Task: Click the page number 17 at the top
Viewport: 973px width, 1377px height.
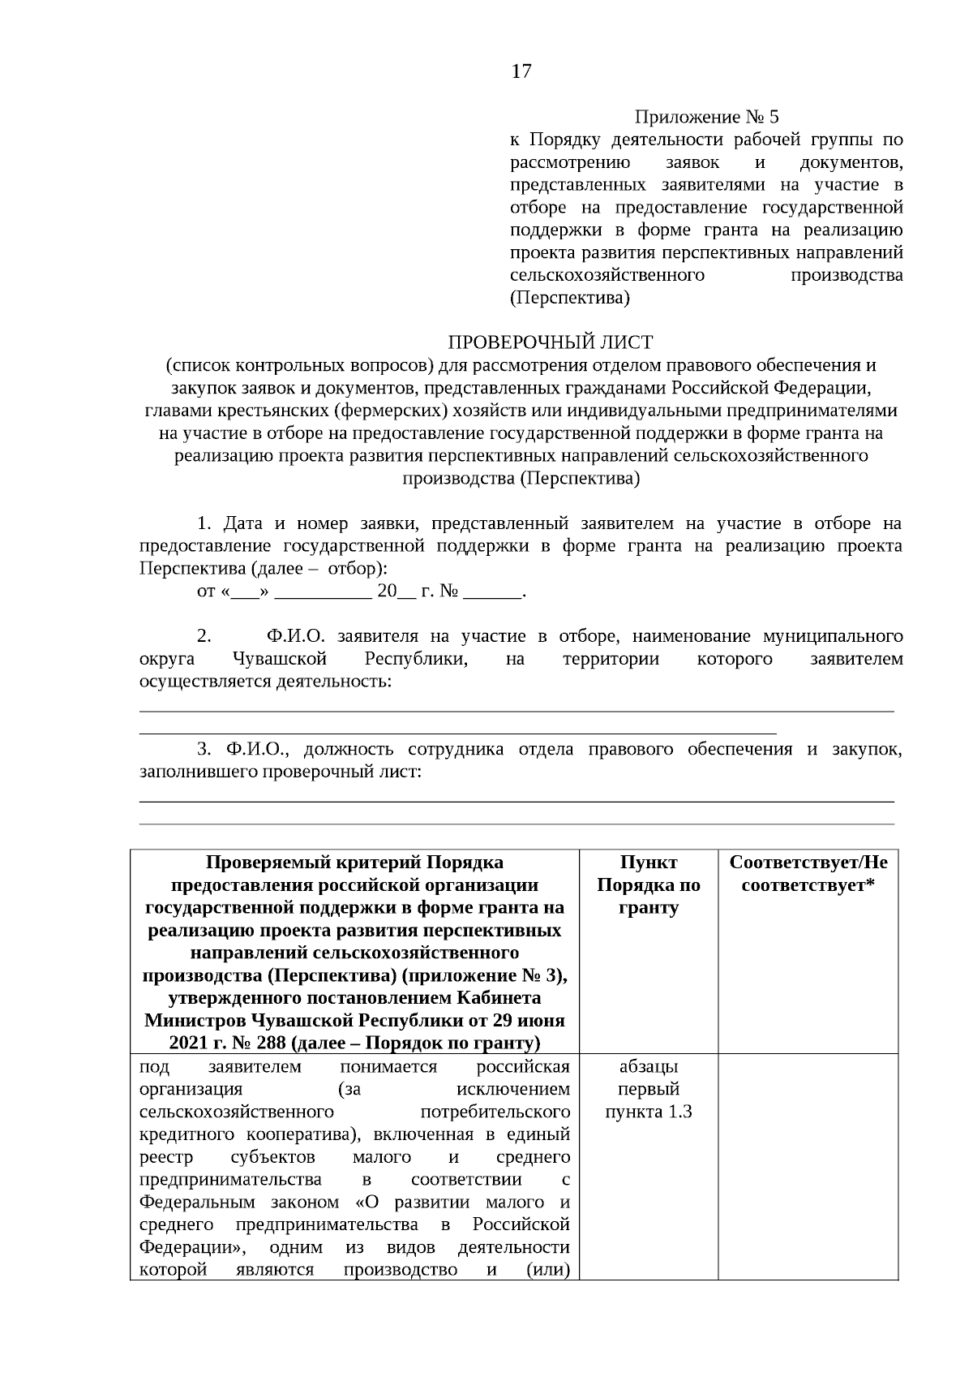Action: (x=521, y=71)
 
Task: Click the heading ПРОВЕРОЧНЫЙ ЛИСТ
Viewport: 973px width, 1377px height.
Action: (x=551, y=342)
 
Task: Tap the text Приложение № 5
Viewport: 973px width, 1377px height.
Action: (x=705, y=117)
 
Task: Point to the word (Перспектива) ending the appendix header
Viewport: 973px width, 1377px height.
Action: (x=570, y=298)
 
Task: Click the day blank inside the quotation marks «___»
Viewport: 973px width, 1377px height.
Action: (x=243, y=592)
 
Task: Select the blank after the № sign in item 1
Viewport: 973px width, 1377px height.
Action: (x=492, y=592)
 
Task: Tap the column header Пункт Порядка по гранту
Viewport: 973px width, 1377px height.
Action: (x=649, y=884)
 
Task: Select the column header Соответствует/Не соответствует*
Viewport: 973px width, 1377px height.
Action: (x=808, y=873)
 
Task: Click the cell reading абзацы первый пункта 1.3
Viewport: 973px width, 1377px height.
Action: (x=649, y=1089)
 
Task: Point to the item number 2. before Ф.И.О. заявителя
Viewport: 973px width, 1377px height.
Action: (x=204, y=635)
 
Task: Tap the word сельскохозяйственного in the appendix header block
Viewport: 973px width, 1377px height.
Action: (x=607, y=275)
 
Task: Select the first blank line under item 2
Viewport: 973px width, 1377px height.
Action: (x=517, y=711)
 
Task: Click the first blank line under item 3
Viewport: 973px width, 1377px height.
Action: (x=517, y=802)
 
